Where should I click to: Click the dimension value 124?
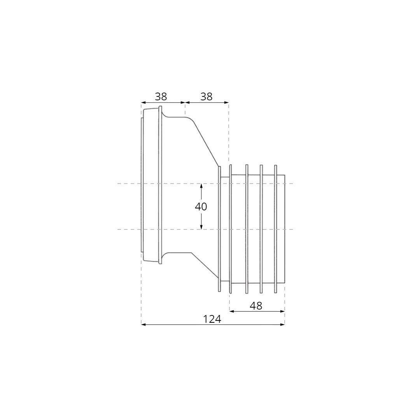tap(212, 319)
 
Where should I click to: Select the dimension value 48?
tap(256, 306)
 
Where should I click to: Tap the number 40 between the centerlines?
tap(201, 206)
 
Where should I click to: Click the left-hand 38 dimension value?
tap(161, 97)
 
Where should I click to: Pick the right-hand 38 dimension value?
tap(206, 97)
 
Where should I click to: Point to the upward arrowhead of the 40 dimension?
tap(201, 186)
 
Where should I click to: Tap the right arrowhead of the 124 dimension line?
tap(283, 324)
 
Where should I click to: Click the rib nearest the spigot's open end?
tap(276, 229)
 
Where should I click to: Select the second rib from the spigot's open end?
tap(261, 229)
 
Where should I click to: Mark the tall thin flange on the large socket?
tap(160, 185)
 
